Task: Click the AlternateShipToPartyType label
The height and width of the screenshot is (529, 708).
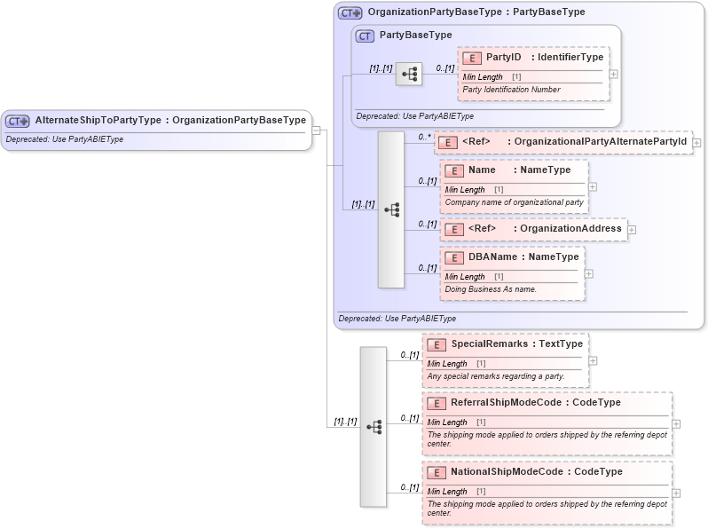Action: [x=98, y=121]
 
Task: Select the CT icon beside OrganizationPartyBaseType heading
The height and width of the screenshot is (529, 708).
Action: [x=350, y=12]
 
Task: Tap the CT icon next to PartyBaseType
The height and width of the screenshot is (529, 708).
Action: [x=365, y=36]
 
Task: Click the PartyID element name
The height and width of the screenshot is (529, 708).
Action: [x=503, y=58]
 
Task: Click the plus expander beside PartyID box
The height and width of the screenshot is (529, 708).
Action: [x=613, y=74]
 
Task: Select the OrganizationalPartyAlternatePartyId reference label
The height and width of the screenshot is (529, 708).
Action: [x=600, y=141]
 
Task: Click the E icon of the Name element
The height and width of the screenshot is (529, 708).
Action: [x=453, y=170]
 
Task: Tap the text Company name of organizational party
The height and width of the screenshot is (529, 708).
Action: [x=514, y=202]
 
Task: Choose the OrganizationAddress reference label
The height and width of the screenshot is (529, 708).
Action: [x=570, y=229]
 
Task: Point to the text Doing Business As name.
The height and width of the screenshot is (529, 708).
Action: [x=491, y=289]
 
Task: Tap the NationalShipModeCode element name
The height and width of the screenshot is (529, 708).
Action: [x=511, y=472]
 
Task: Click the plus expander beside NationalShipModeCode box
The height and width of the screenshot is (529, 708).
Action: [x=676, y=493]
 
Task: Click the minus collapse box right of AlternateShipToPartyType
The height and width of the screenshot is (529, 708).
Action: [x=315, y=130]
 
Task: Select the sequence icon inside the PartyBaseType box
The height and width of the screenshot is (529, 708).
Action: [x=409, y=75]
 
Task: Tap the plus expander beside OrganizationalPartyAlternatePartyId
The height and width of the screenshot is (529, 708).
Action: [x=696, y=142]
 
